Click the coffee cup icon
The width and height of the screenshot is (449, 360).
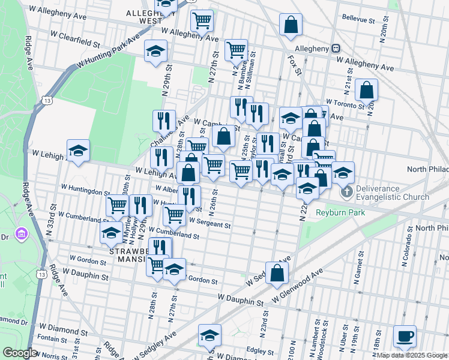point(404,336)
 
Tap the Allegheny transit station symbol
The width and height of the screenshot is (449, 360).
point(336,49)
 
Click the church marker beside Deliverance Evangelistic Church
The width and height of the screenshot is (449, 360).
point(346,193)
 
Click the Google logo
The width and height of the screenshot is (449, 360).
point(20,353)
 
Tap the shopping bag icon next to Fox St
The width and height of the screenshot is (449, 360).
point(291,25)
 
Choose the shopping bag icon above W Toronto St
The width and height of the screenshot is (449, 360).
point(366,90)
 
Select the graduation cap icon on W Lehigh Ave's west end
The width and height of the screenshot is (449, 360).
point(78,151)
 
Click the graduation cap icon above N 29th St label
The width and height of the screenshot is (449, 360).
point(155,50)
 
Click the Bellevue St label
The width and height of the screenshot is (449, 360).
point(358,19)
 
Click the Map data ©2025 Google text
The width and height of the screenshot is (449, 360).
point(411,355)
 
